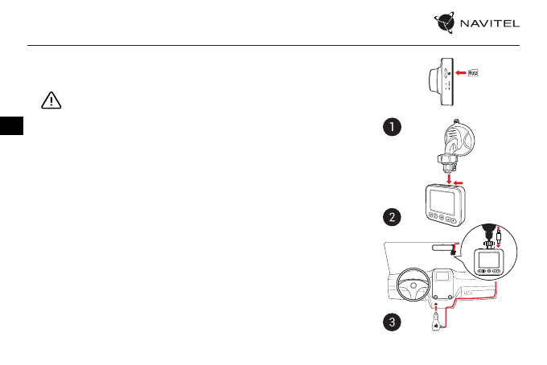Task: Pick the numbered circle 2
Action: coord(391,216)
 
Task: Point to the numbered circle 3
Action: coord(391,322)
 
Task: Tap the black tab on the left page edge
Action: coord(10,126)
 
